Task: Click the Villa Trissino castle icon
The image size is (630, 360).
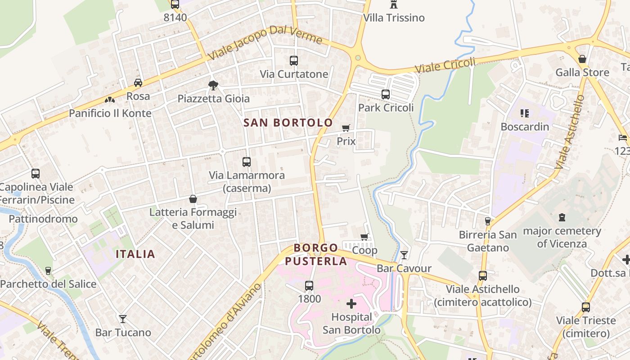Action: tap(394, 4)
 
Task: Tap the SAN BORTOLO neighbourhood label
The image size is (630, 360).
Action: tap(288, 122)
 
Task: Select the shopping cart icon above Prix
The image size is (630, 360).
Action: tap(346, 128)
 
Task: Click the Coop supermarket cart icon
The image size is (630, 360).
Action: tap(364, 237)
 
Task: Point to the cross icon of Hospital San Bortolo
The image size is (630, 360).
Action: tap(351, 304)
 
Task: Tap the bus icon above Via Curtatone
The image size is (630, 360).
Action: tap(294, 60)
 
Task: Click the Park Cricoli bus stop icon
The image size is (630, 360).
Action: tap(386, 94)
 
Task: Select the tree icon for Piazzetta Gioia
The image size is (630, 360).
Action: tap(213, 85)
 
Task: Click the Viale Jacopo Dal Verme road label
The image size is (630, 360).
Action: tap(265, 43)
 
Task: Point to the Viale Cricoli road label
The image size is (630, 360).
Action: tap(445, 66)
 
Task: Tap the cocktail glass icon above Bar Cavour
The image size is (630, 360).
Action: tap(404, 255)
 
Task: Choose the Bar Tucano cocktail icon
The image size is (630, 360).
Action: tap(122, 319)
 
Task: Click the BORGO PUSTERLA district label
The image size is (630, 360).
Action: tap(316, 254)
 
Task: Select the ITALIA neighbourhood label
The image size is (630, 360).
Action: tap(135, 254)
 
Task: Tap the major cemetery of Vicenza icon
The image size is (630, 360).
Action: tap(562, 218)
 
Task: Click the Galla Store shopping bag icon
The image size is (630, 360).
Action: tap(582, 59)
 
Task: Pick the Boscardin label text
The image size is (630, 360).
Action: tap(525, 126)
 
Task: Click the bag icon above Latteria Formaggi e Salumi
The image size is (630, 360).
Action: tap(193, 199)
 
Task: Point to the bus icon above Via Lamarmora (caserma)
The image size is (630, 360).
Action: tap(247, 162)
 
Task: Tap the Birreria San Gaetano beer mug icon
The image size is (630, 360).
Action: tap(487, 221)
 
